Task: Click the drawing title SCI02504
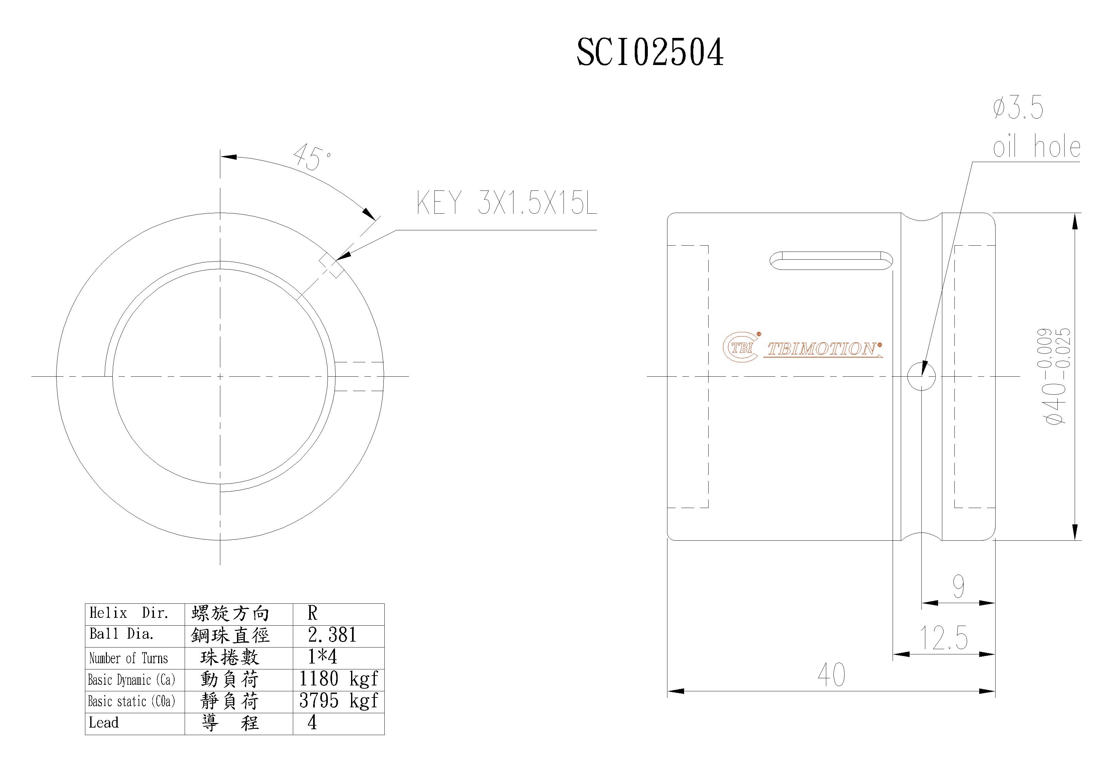650,53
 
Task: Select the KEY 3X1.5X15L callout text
507,203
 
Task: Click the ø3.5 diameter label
1018,108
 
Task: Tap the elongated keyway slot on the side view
831,261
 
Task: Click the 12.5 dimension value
944,638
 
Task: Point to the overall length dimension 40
831,675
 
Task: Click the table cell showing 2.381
332,635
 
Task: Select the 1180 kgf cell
339,679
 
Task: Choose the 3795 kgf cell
339,700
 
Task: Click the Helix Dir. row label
129,613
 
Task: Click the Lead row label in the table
104,723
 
